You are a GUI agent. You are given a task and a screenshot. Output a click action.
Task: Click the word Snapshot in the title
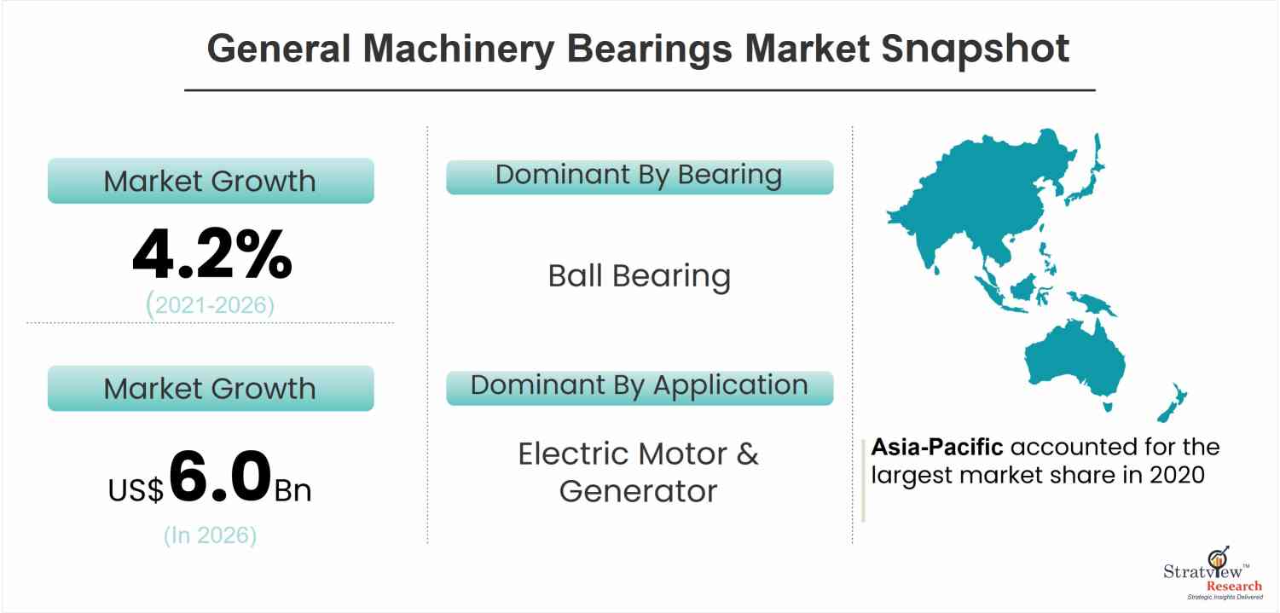975,49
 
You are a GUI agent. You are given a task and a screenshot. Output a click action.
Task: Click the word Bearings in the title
650,49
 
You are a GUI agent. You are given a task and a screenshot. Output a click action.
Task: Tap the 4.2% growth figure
212,253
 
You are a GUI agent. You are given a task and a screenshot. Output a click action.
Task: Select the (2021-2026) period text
211,304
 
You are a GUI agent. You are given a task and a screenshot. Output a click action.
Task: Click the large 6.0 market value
220,476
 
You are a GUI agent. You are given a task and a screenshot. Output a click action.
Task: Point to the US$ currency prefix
136,489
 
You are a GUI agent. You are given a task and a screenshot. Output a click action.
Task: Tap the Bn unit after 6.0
292,490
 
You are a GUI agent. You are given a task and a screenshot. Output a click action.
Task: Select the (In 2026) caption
211,535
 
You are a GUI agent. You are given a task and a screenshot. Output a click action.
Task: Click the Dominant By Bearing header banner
640,177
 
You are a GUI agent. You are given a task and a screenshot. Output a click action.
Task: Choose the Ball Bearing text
640,276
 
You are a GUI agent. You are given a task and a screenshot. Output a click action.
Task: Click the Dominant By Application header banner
640,388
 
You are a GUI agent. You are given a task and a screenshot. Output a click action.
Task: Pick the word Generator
638,491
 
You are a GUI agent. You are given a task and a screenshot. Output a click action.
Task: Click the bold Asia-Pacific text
937,447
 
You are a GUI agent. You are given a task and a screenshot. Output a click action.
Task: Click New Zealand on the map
1173,402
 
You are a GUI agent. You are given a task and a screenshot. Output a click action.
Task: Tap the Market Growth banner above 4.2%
211,181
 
